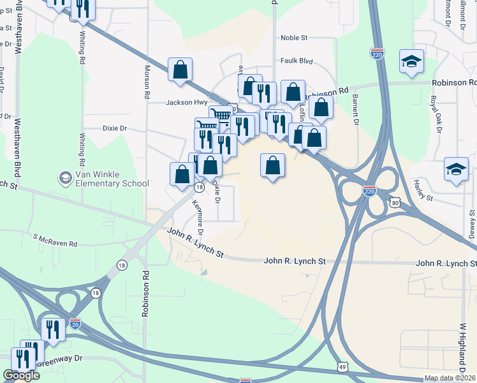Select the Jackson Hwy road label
pyautogui.click(x=187, y=102)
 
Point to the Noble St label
pyautogui.click(x=294, y=38)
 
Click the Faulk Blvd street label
pyautogui.click(x=297, y=61)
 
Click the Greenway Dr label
pyautogui.click(x=60, y=359)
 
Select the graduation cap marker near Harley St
pyautogui.click(x=456, y=169)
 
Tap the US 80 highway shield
pyautogui.click(x=396, y=203)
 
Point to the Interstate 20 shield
pyautogui.click(x=75, y=324)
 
